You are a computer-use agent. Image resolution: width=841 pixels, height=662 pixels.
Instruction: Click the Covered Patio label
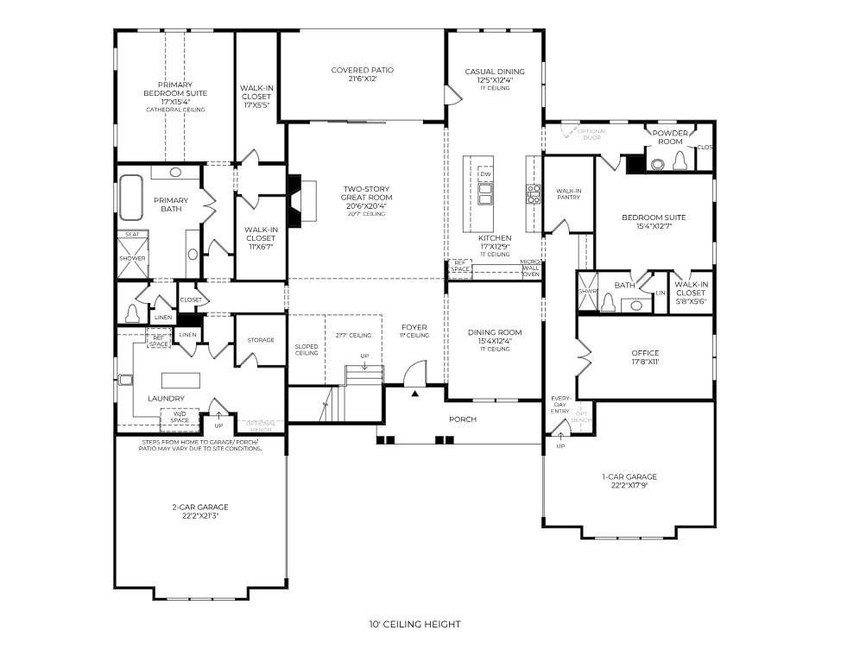[x=362, y=70]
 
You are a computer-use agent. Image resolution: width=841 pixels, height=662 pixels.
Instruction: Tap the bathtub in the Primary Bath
[x=130, y=199]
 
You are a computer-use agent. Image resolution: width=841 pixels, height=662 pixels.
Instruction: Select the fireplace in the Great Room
[x=294, y=200]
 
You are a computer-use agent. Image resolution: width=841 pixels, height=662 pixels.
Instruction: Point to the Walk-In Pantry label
[x=567, y=194]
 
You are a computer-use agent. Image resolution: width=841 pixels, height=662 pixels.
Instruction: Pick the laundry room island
[x=180, y=380]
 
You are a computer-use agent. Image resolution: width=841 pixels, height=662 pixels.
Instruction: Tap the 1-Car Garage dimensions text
[x=629, y=485]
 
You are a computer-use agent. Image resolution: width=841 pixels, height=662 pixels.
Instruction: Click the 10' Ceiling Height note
[x=414, y=624]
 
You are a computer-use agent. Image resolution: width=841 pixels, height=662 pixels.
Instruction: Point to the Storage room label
[x=260, y=340]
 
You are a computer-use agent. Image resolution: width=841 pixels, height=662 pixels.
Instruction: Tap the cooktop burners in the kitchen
[x=534, y=193]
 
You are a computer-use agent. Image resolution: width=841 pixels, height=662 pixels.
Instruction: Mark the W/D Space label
[x=180, y=417]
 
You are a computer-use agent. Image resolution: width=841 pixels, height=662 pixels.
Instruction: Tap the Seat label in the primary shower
[x=133, y=234]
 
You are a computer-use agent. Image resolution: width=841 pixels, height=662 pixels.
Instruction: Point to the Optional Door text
[x=591, y=134]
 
